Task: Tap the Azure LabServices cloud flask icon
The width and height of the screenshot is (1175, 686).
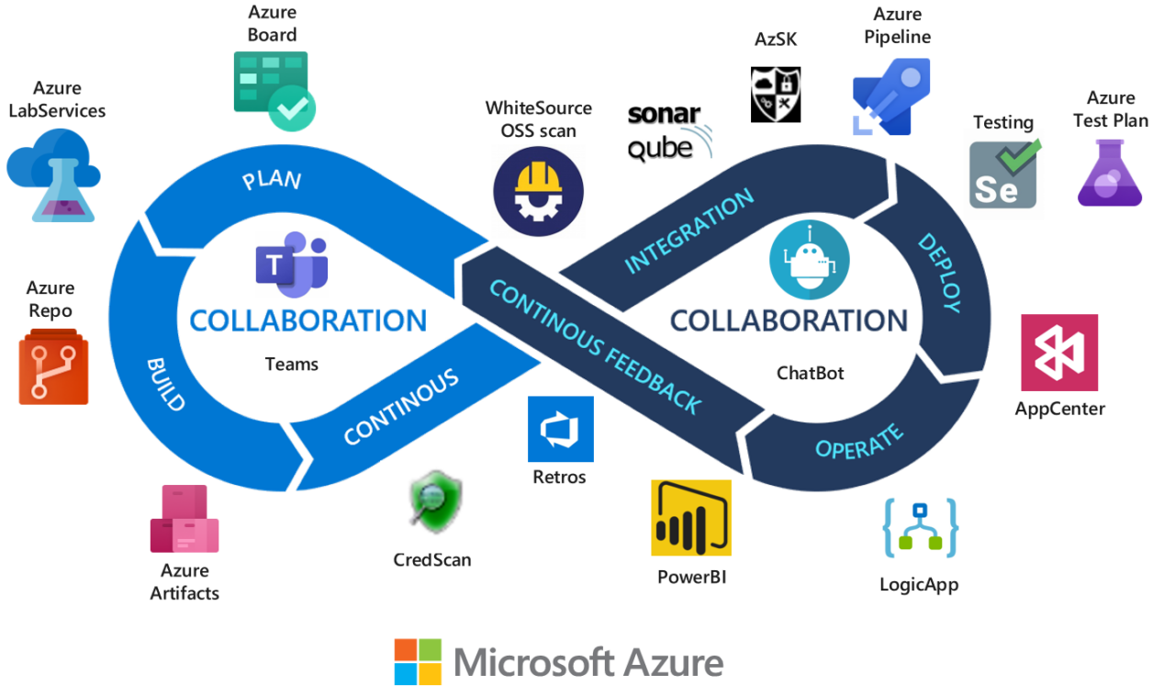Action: tap(53, 174)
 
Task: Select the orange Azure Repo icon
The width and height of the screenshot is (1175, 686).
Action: tap(53, 369)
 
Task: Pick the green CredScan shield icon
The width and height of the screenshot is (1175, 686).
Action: tap(428, 506)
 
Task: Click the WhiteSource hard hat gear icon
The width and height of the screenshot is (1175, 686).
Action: tap(538, 192)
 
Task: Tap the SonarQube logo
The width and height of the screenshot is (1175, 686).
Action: tap(669, 133)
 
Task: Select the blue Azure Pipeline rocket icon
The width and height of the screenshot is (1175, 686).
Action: tap(890, 96)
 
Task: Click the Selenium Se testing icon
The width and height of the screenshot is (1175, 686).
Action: tap(1003, 174)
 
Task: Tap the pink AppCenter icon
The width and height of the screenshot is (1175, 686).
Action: tap(1059, 353)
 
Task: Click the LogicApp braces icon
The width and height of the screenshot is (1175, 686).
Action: tap(920, 527)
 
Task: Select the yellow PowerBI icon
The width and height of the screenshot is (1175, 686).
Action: tap(690, 518)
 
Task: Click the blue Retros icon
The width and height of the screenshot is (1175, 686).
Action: tap(560, 429)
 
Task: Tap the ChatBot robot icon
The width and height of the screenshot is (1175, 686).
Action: tap(809, 260)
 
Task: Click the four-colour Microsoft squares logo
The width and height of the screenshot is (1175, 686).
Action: tap(418, 661)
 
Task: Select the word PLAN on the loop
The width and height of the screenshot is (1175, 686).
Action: tap(271, 178)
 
